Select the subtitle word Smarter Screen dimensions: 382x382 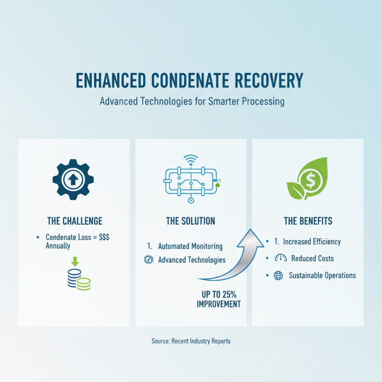pyautogui.click(x=223, y=102)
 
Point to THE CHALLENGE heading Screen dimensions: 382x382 pyautogui.click(x=74, y=221)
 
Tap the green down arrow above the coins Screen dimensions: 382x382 pyautogui.click(x=74, y=261)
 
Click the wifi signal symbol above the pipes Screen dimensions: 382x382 pyautogui.click(x=191, y=159)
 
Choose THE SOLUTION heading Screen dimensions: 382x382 pyautogui.click(x=191, y=221)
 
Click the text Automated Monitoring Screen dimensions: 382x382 pyautogui.click(x=190, y=246)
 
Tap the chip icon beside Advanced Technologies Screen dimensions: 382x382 pyautogui.click(x=148, y=260)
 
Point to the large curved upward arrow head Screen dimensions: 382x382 pyautogui.click(x=253, y=236)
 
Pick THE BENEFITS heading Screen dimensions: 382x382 pyautogui.click(x=308, y=221)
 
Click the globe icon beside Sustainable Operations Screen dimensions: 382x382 pyautogui.click(x=278, y=276)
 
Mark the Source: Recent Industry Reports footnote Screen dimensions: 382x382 pyautogui.click(x=191, y=341)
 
